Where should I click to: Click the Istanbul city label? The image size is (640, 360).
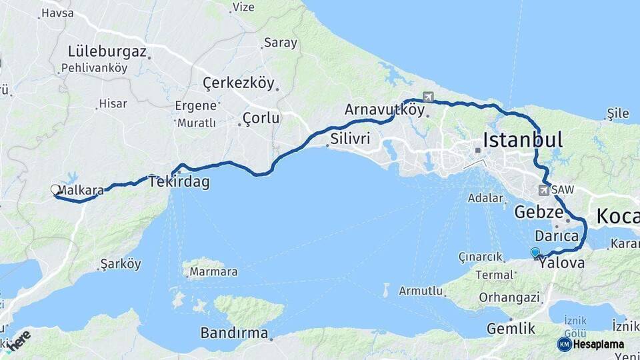522,140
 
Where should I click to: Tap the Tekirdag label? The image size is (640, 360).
179,181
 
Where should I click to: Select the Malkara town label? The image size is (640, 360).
81,190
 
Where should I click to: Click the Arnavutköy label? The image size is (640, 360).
385,109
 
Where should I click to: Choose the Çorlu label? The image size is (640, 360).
261,118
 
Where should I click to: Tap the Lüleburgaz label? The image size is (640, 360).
107,51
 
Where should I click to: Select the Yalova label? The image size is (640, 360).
562,263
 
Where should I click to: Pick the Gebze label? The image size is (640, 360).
536,213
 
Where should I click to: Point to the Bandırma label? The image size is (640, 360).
234,333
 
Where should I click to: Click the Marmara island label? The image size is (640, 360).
213,272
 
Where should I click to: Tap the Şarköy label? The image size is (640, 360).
120,264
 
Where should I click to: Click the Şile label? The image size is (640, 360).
618,114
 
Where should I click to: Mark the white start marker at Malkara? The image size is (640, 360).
55,190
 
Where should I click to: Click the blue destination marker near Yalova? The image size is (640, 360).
535,252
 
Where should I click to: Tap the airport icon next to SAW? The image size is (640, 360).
543,191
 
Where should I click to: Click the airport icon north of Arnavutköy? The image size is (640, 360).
427,97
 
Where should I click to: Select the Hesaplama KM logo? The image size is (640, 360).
591,344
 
